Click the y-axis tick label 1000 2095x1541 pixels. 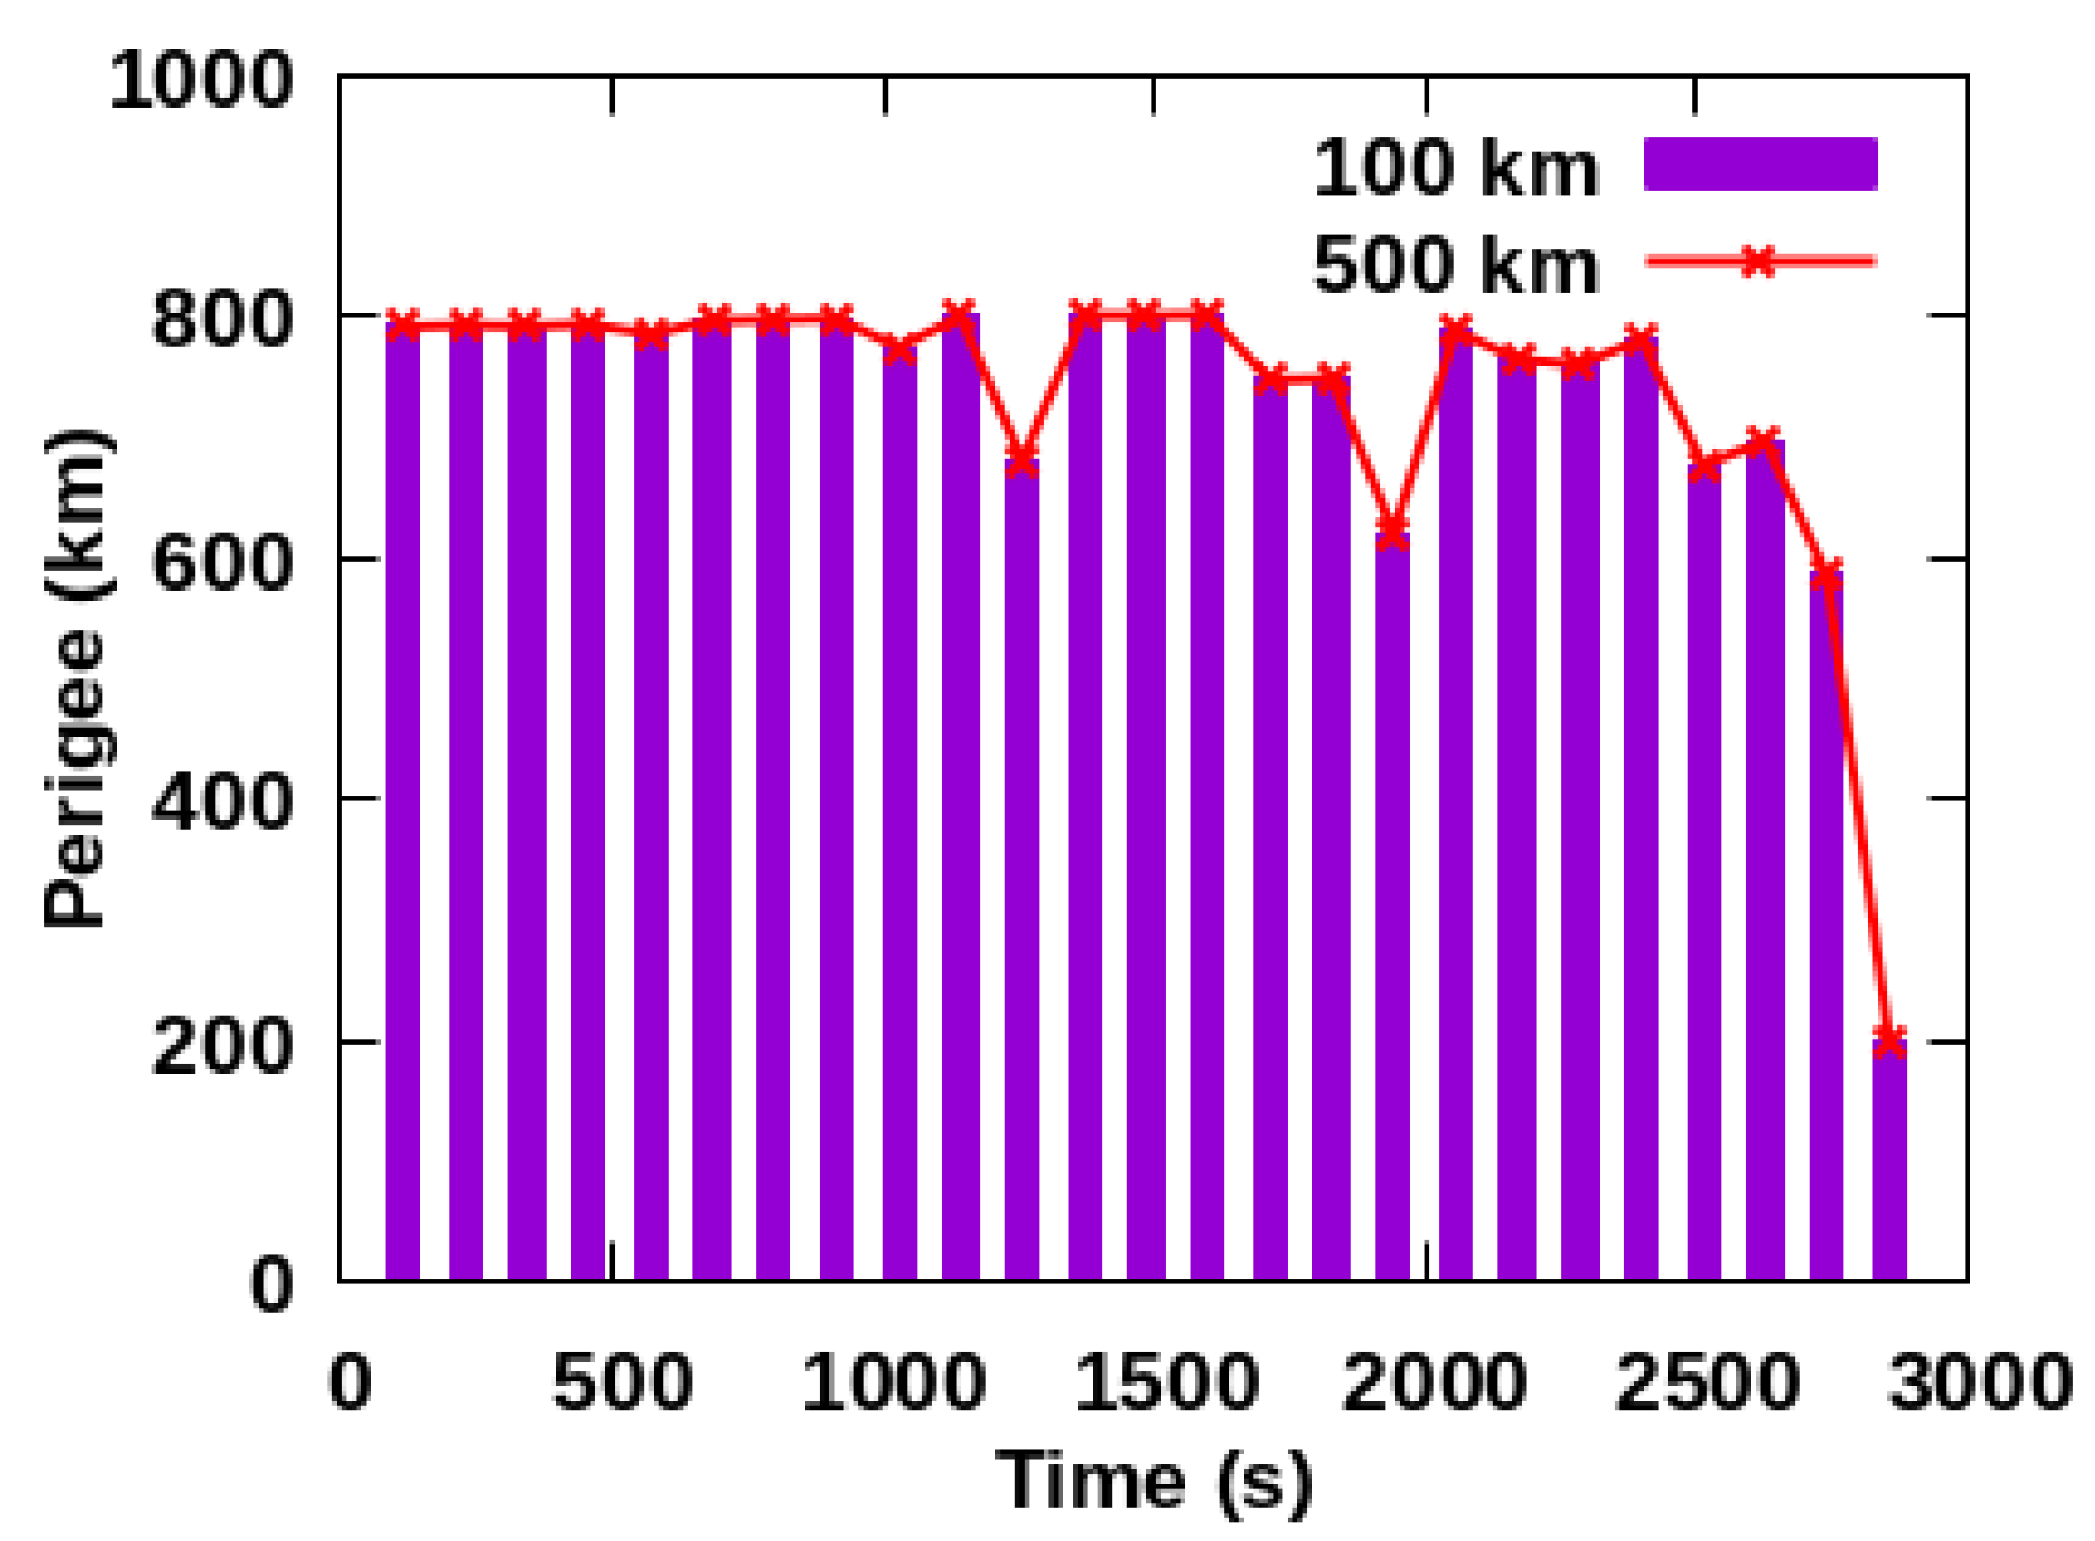coord(201,82)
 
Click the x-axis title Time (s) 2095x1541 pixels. coord(1153,1481)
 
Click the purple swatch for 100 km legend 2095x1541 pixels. coord(1759,164)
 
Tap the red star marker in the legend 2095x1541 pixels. coord(1758,261)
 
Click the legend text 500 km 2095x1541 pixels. coord(1456,265)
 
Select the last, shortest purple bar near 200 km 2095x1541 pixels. coord(1890,1161)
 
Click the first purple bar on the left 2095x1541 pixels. coord(402,802)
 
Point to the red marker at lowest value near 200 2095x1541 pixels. coord(1890,1041)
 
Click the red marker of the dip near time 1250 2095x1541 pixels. coord(1021,460)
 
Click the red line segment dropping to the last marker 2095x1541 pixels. coord(1858,807)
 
